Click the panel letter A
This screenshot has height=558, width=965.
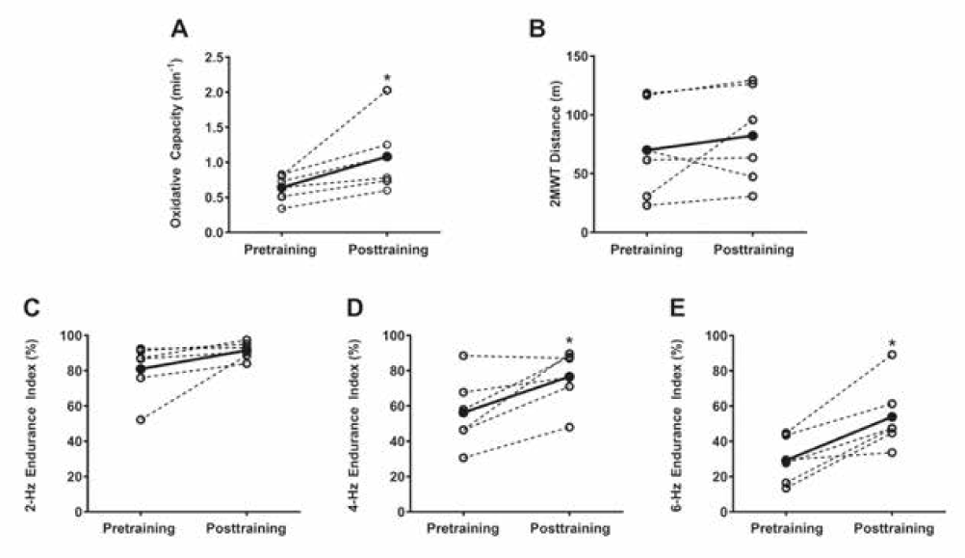(180, 30)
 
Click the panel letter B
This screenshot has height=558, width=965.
(538, 30)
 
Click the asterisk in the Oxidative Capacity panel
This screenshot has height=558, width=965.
(386, 76)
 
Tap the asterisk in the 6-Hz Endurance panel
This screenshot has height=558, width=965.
(892, 344)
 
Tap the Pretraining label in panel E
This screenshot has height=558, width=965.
(786, 528)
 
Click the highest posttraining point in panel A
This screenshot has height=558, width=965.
(386, 91)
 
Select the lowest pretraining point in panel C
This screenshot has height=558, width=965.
(143, 420)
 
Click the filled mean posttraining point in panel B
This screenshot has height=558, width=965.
(752, 136)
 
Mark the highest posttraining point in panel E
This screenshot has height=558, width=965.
(893, 355)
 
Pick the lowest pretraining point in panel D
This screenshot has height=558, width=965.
(463, 458)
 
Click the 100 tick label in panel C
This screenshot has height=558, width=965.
(67, 335)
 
